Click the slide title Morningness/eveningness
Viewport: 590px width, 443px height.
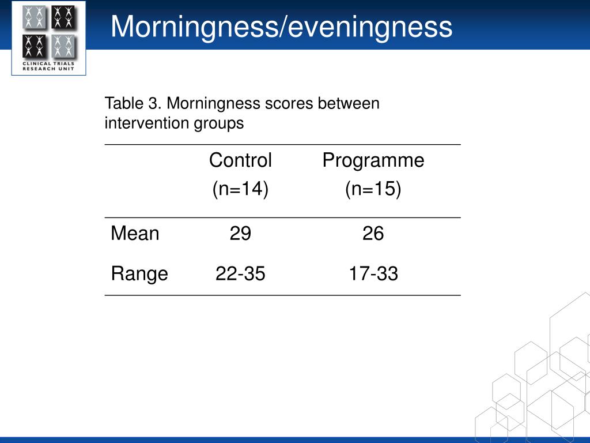[x=281, y=27]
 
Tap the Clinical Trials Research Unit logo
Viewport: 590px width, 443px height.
[x=48, y=37]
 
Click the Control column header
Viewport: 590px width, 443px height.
[x=240, y=160]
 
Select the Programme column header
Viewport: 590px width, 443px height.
[x=373, y=161]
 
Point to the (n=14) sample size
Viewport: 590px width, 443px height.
[x=240, y=189]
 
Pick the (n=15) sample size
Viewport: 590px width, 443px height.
[x=373, y=189]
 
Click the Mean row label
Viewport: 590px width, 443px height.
[x=135, y=233]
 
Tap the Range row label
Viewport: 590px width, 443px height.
[x=139, y=274]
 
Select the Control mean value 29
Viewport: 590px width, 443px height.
[x=240, y=234]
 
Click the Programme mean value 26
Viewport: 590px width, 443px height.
[x=373, y=234]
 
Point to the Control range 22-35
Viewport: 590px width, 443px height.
[x=240, y=273]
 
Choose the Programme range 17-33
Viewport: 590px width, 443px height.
[x=373, y=273]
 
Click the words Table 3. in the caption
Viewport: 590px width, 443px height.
[x=133, y=103]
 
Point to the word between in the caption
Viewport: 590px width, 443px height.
[x=349, y=103]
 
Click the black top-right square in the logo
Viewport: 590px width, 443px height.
[x=63, y=17]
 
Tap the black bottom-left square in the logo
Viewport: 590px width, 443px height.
[x=34, y=46]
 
